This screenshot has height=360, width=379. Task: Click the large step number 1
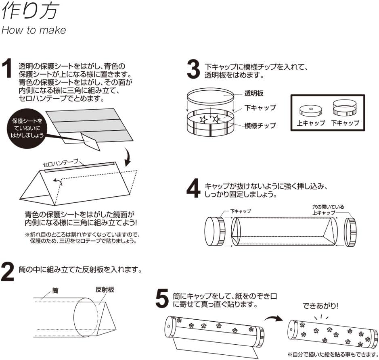pos(8,69)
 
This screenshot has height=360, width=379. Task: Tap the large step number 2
pos(8,272)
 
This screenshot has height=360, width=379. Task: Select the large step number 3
pos(193,70)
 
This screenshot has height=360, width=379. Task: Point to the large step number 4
pos(193,189)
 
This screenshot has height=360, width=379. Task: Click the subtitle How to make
pos(34,30)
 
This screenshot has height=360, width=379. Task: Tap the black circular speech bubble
pos(27,128)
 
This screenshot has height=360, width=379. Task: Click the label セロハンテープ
pos(61,163)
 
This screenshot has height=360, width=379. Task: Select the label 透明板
pos(254,94)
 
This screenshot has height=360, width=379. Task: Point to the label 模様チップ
pos(260,125)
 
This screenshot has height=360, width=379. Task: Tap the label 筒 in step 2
pos(55,289)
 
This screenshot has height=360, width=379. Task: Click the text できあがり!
pos(320,306)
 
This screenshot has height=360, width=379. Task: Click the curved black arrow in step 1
pos(128,158)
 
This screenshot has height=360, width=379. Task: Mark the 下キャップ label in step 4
pos(241,211)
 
